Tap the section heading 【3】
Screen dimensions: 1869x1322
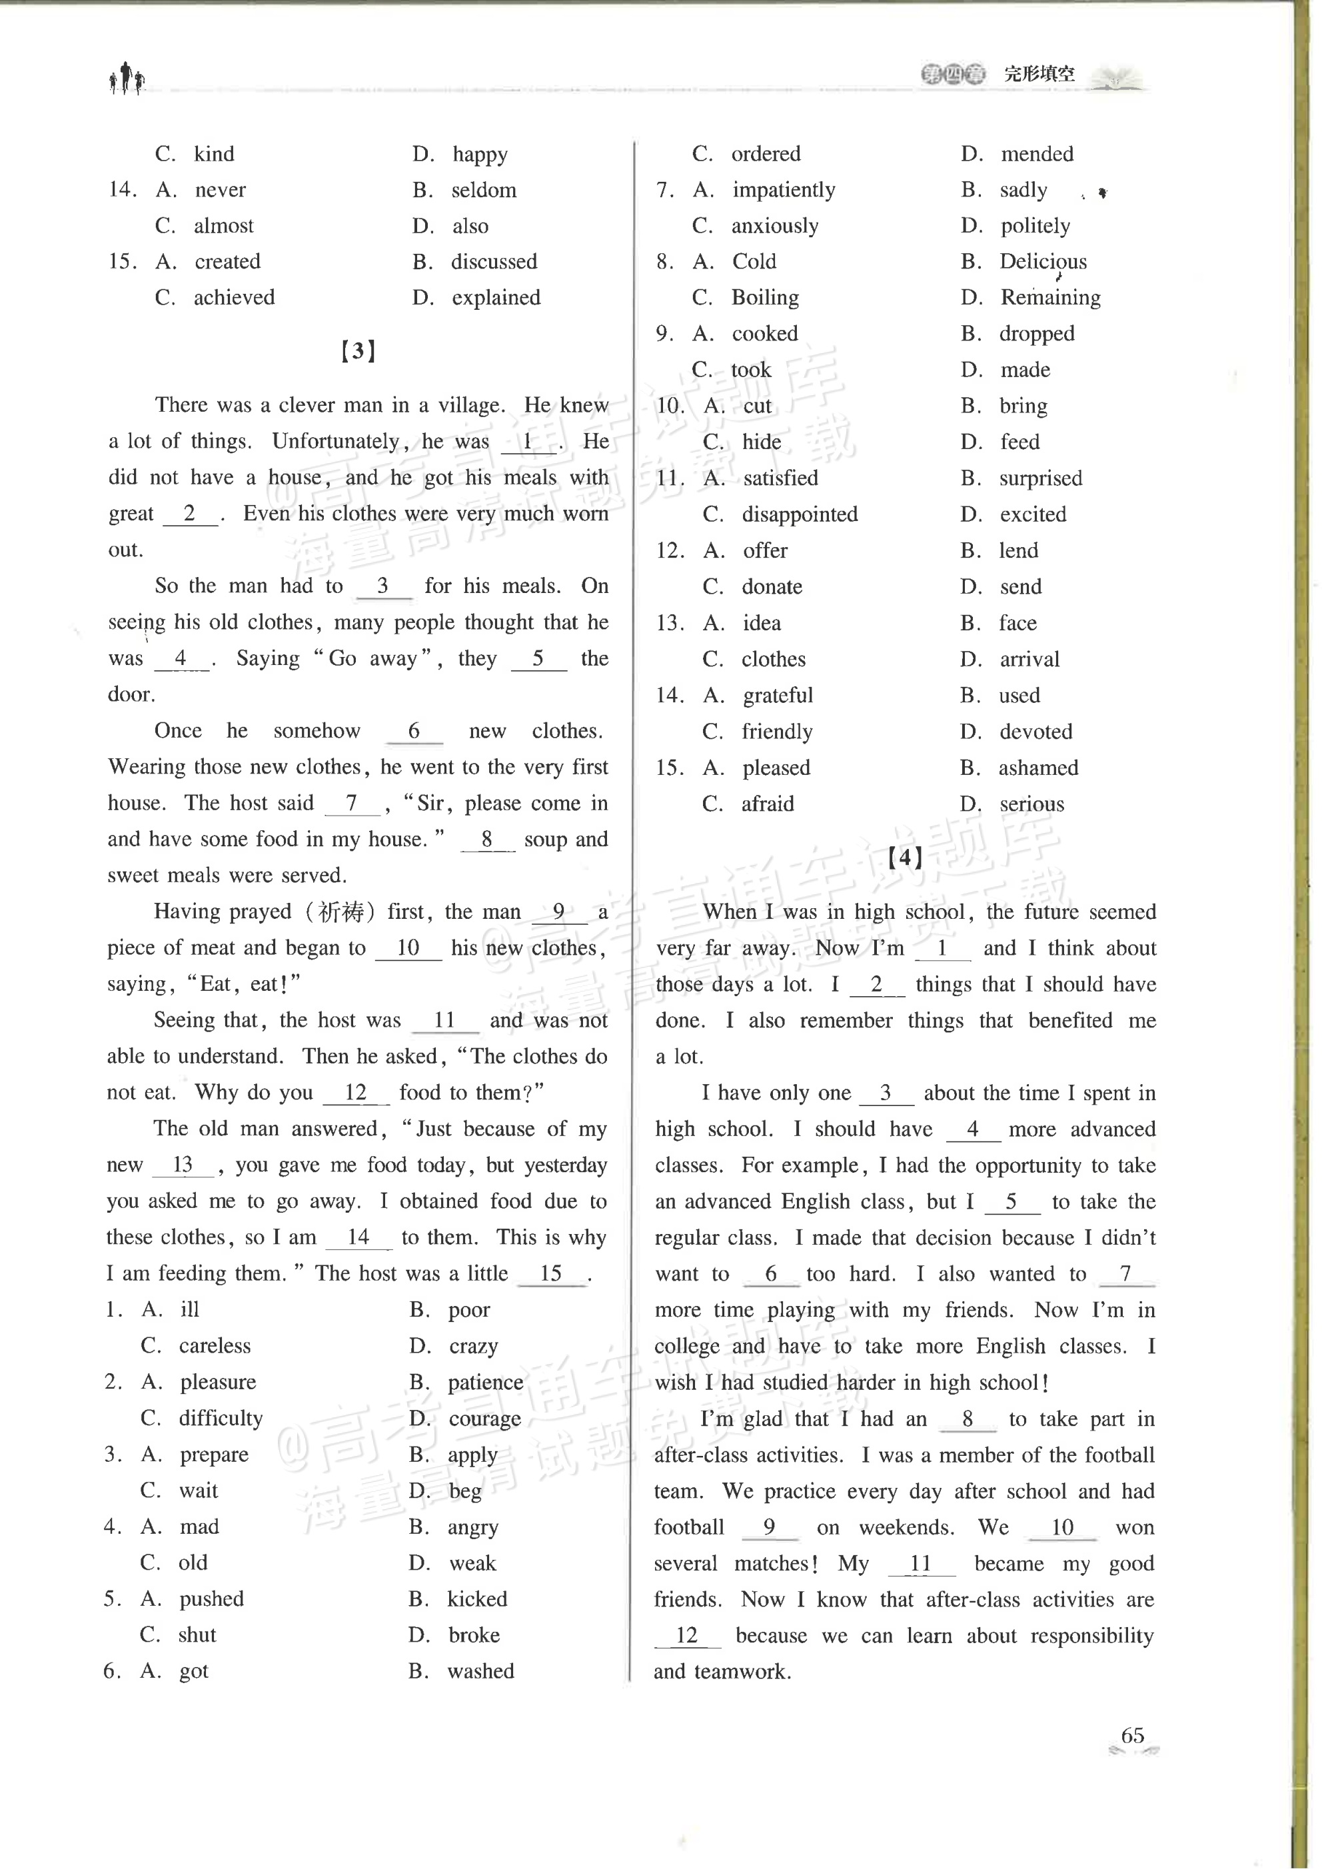coord(358,352)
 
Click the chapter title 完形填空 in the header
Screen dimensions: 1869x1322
coord(1039,74)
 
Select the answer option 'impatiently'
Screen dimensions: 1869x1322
coord(783,190)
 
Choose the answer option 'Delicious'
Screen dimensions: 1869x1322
coord(1043,261)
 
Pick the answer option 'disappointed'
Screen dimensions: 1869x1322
coord(800,514)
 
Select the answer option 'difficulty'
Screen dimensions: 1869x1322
coord(221,1418)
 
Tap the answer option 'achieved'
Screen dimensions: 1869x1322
coord(234,298)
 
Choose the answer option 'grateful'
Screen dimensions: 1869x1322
coord(778,695)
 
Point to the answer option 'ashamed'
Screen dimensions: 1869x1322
coord(1038,768)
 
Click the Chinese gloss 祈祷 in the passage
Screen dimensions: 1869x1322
coord(340,912)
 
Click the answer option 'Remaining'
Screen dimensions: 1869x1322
coord(1050,298)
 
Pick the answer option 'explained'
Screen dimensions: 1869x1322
coord(496,298)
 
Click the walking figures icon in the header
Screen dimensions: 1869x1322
coord(127,79)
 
